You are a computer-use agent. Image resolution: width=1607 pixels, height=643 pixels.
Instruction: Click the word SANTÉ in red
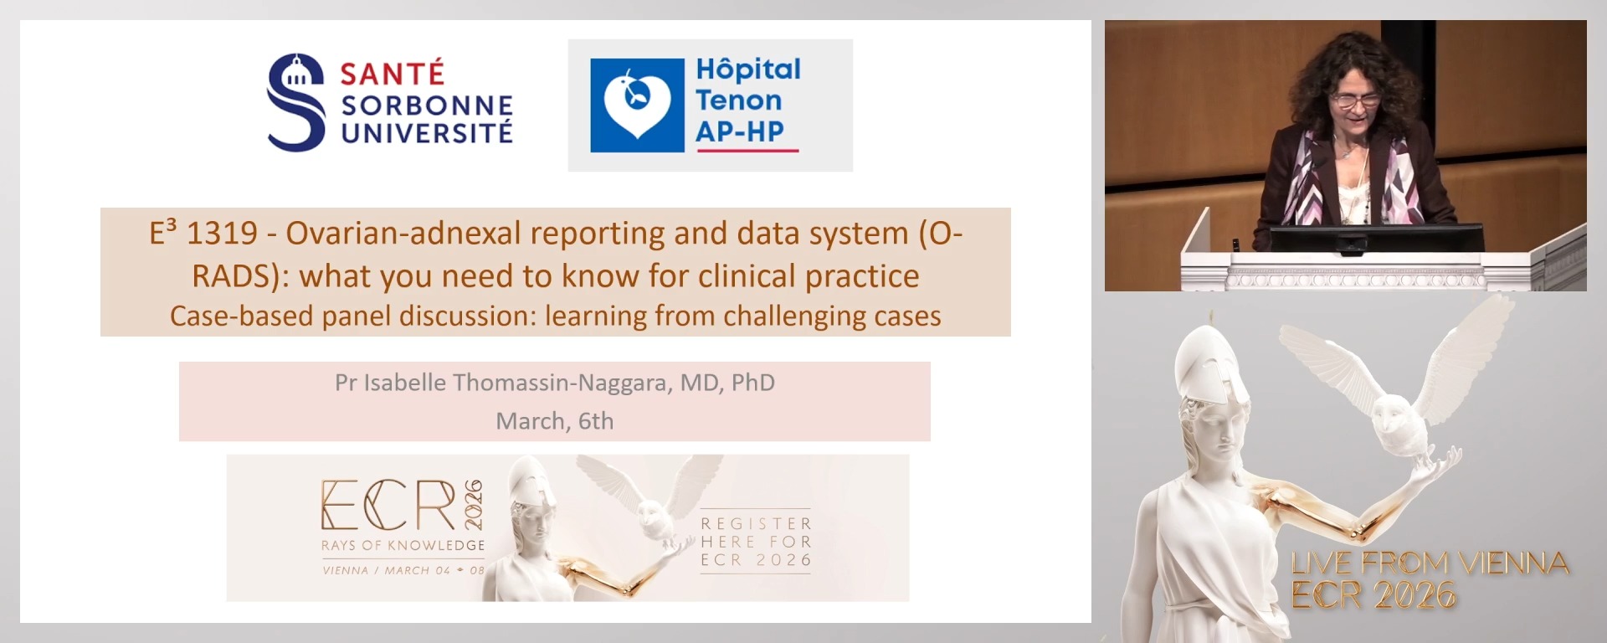[x=392, y=74]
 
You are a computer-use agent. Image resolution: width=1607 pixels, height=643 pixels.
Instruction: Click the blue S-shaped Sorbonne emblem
[x=295, y=103]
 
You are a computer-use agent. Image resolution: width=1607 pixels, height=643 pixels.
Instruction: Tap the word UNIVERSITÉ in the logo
[x=427, y=133]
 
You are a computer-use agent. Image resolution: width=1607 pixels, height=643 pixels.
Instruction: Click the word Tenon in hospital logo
[x=738, y=100]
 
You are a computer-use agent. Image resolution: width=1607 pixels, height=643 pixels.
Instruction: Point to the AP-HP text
[x=740, y=131]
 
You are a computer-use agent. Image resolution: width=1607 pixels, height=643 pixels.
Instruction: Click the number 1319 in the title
[x=222, y=234]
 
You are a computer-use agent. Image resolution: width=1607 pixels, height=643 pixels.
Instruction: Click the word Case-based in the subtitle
[x=220, y=316]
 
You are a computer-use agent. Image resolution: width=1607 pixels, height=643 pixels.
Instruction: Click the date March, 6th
[x=554, y=420]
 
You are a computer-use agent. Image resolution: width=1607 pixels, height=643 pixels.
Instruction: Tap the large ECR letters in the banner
[x=389, y=506]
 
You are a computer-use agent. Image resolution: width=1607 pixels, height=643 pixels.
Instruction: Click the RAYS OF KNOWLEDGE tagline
[x=403, y=545]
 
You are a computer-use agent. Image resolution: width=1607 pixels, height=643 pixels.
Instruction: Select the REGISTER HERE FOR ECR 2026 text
[x=756, y=542]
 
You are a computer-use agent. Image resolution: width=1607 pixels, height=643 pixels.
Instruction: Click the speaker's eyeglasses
[x=1355, y=100]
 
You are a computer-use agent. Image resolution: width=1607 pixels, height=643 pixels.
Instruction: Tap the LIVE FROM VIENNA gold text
[x=1429, y=563]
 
